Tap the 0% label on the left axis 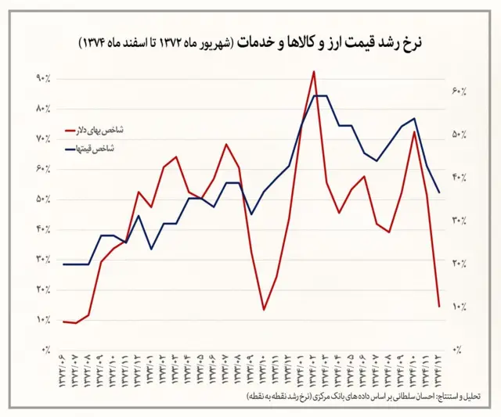45,350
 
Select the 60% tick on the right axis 460,91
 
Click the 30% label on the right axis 460,221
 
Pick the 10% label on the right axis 460,307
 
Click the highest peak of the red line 313,71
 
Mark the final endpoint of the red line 439,306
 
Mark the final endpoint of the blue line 439,192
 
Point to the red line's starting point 63,322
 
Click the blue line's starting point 63,264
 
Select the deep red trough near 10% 264,310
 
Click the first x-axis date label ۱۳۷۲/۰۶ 62,371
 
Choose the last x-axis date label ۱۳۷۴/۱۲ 438,371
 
